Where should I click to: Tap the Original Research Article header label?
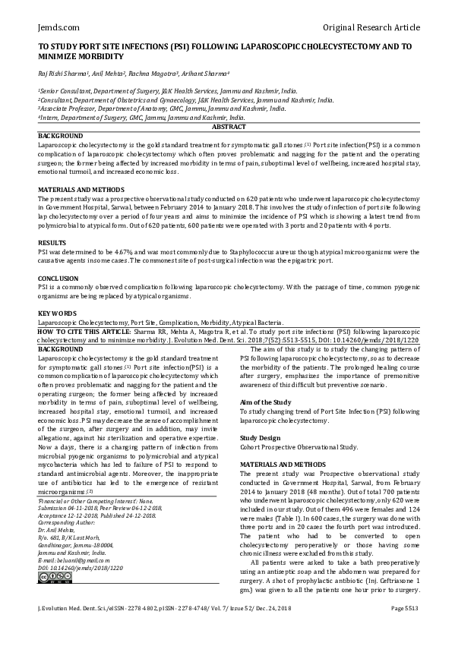(371, 28)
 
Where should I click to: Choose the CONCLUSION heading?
(58, 279)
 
